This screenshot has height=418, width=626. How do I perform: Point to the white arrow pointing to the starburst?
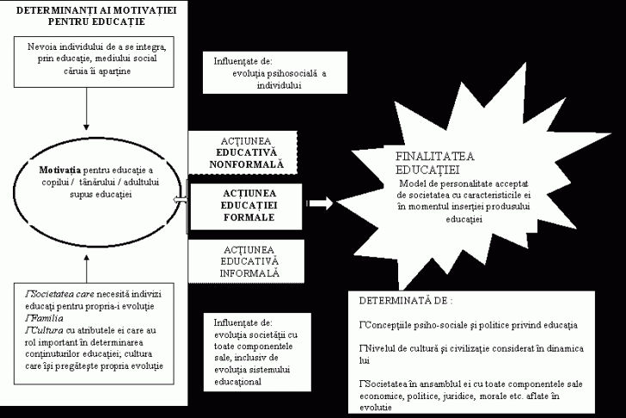coord(320,204)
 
